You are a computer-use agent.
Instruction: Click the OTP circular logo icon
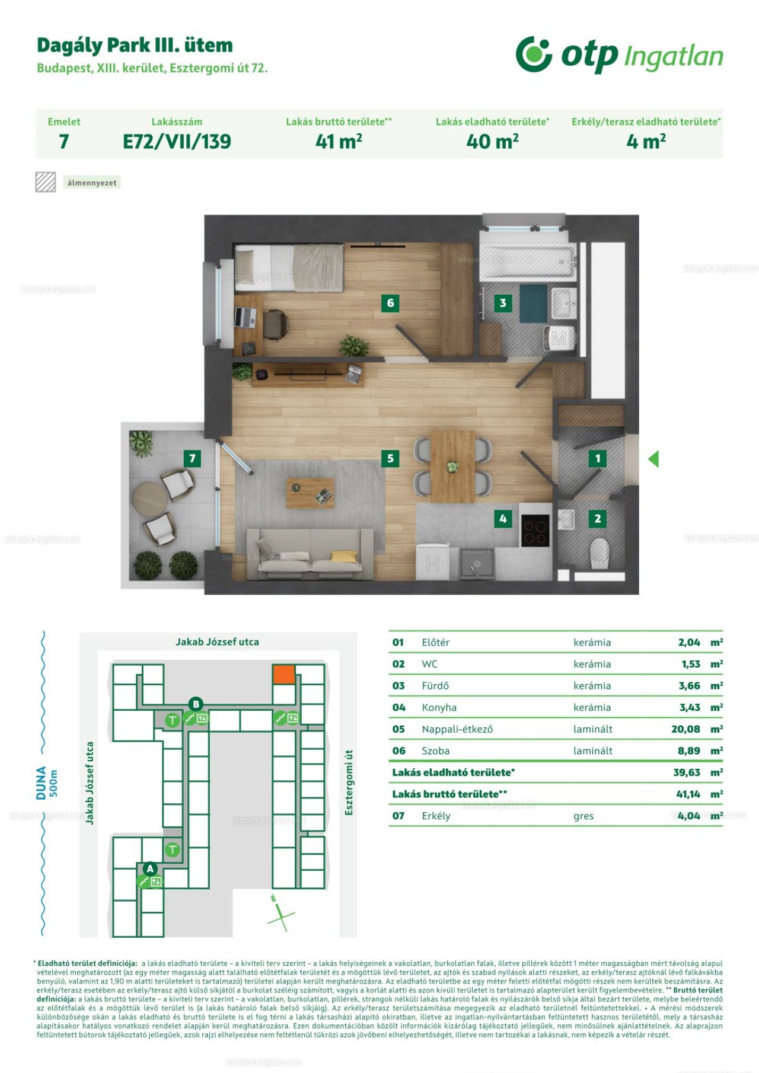(534, 54)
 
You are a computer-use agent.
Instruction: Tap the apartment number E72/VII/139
(177, 142)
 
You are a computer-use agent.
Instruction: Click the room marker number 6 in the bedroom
(390, 303)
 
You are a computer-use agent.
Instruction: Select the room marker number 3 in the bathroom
(503, 303)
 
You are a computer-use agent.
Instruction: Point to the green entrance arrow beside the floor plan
(653, 458)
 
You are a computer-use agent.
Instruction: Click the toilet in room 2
(599, 553)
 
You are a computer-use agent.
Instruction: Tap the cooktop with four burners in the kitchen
(535, 531)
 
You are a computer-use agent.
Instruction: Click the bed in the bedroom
(289, 268)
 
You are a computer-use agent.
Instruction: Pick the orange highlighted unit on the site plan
(283, 674)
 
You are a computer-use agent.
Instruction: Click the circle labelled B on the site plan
(196, 704)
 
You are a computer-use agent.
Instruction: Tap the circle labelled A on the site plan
(150, 868)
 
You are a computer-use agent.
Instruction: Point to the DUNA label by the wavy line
(41, 783)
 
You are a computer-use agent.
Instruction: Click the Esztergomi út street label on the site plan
(349, 783)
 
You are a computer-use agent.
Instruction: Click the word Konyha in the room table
(439, 707)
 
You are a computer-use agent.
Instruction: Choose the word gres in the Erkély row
(583, 816)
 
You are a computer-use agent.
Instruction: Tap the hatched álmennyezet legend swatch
(46, 182)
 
